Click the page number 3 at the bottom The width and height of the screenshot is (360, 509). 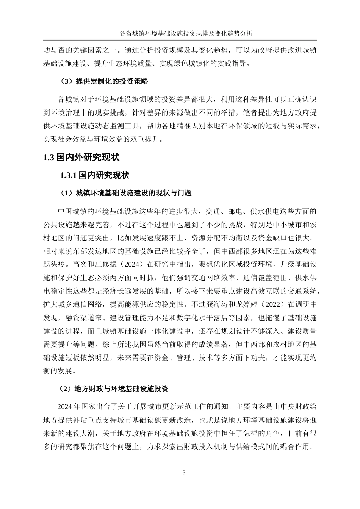click(x=184, y=472)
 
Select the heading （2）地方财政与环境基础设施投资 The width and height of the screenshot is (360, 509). click(x=114, y=389)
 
